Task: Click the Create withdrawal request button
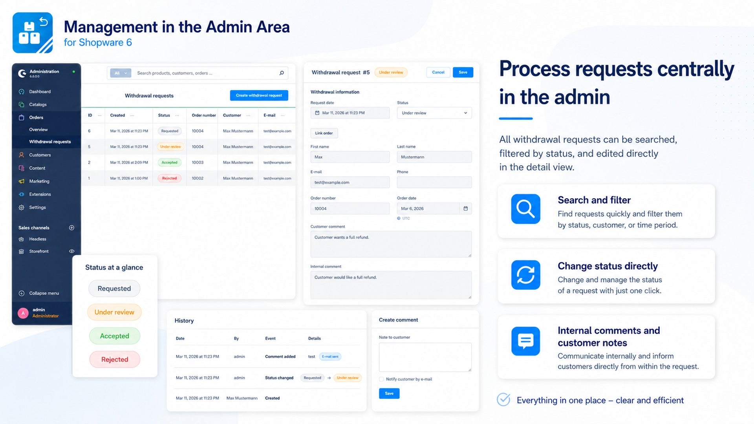pos(259,95)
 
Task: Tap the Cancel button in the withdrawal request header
pos(438,72)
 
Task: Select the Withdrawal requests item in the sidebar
pos(50,142)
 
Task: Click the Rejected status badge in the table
pos(169,178)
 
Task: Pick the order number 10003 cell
pos(198,163)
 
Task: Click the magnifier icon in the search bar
pos(282,73)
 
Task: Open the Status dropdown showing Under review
pos(434,113)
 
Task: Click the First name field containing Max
pos(350,157)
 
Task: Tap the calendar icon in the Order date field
pos(465,208)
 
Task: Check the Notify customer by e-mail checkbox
pos(381,379)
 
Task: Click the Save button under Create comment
pos(389,393)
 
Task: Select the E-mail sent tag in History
pos(330,356)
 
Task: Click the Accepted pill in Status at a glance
pos(114,336)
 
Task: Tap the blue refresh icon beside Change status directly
pos(525,275)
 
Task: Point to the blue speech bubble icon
pos(525,341)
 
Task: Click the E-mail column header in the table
pos(269,115)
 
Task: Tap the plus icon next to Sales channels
pos(71,228)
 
